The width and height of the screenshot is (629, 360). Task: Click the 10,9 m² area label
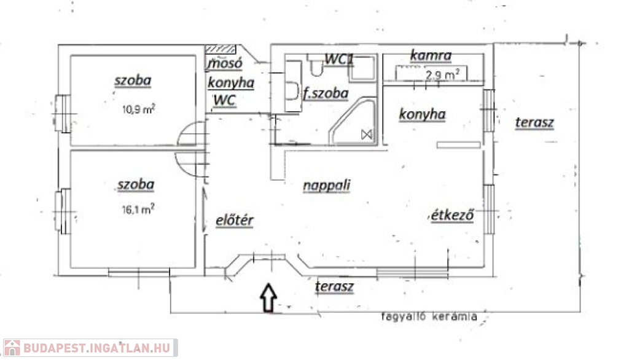click(139, 109)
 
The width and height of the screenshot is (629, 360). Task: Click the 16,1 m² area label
click(138, 209)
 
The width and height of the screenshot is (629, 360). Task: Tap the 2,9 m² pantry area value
click(442, 75)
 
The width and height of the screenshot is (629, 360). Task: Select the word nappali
click(327, 186)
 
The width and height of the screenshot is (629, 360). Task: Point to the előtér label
click(235, 220)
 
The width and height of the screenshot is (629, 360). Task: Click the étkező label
click(453, 215)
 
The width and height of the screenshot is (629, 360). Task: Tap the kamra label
click(431, 55)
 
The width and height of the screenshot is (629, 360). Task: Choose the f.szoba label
click(326, 93)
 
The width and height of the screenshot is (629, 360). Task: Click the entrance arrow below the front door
click(268, 298)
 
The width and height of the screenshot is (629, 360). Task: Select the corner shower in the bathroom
click(353, 121)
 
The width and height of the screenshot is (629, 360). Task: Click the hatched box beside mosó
click(221, 49)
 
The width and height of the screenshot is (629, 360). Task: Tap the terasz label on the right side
click(534, 122)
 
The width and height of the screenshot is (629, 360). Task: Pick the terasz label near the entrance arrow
click(334, 286)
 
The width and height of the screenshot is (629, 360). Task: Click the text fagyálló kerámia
click(429, 316)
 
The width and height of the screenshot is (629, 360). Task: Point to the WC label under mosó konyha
click(224, 100)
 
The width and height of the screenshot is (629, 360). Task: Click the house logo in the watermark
click(12, 348)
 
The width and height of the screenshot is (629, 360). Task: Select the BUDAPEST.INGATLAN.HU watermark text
click(97, 348)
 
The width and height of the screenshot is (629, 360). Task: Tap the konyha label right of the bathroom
click(422, 114)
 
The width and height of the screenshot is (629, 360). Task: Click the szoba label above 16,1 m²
click(136, 185)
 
